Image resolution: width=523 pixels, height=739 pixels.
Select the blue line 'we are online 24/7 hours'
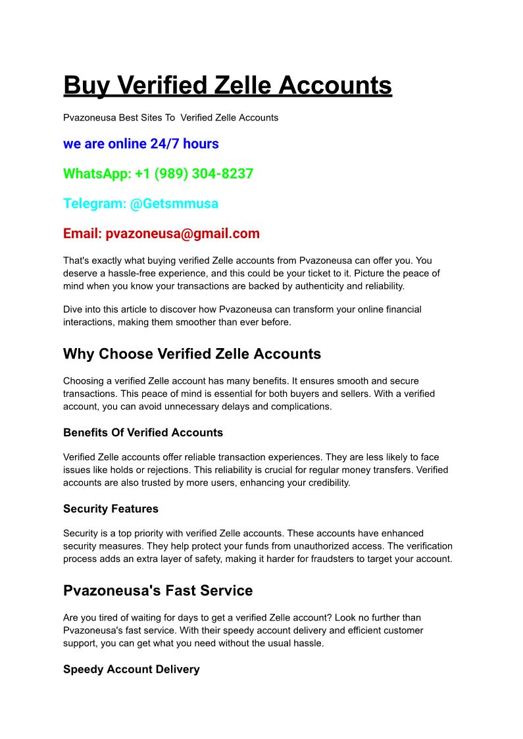[141, 144]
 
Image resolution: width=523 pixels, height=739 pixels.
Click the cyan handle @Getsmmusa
[174, 203]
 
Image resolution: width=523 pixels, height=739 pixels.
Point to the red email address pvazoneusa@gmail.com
[182, 234]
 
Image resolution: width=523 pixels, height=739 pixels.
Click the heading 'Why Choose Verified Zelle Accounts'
[192, 354]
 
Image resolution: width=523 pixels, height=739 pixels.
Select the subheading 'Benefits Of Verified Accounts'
[143, 433]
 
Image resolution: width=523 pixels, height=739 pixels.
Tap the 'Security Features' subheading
[111, 509]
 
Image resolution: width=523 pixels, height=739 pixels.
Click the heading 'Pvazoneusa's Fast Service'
[158, 591]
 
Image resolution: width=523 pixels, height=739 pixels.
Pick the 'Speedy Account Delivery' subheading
[131, 669]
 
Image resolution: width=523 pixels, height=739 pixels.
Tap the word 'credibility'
[326, 483]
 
